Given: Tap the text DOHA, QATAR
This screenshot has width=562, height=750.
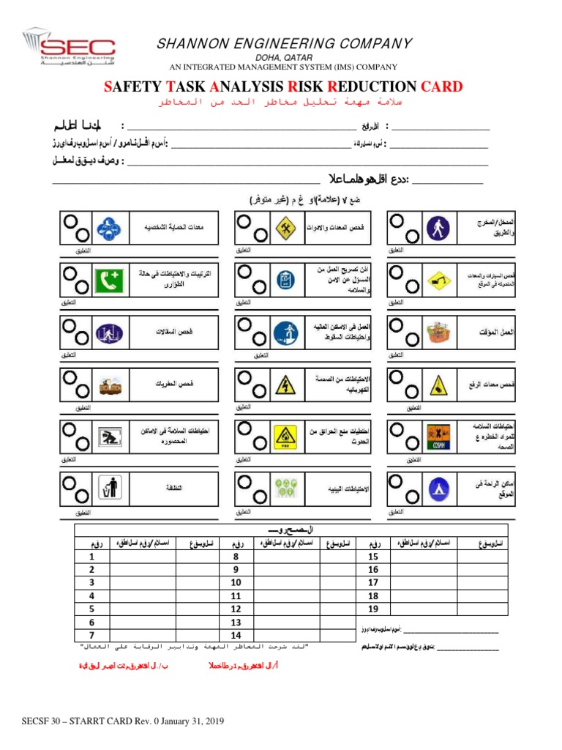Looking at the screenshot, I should pos(285,57).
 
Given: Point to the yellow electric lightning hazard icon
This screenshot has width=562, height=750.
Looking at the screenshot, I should pos(284,383).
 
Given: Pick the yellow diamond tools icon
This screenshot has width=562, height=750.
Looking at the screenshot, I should pos(284,227).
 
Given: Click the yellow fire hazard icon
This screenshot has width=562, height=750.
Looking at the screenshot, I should pos(284,434).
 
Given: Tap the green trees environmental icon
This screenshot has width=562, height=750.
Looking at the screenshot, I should pos(284,485).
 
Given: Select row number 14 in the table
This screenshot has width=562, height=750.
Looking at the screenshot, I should pos(236,635).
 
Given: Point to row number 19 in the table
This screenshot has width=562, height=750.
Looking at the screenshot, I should pos(373,609).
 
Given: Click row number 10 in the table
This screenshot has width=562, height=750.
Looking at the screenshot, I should pos(236,583).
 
